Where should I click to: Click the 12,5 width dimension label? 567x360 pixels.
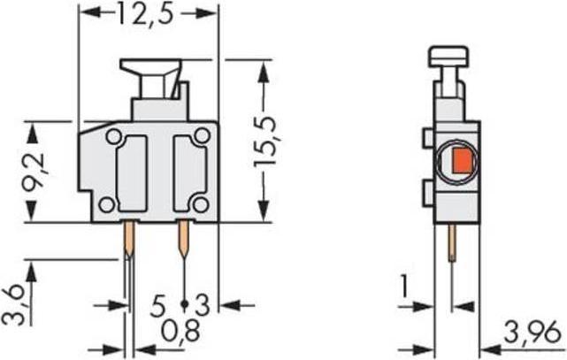pos(149,14)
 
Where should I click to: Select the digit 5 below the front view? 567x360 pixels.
pos(158,307)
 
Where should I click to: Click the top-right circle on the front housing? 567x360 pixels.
pos(202,135)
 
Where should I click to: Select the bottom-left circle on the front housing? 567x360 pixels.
pos(106,204)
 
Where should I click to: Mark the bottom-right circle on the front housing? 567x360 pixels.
pos(201,204)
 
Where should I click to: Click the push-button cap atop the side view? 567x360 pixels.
pos(450,56)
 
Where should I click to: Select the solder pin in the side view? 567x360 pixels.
pos(453,242)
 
